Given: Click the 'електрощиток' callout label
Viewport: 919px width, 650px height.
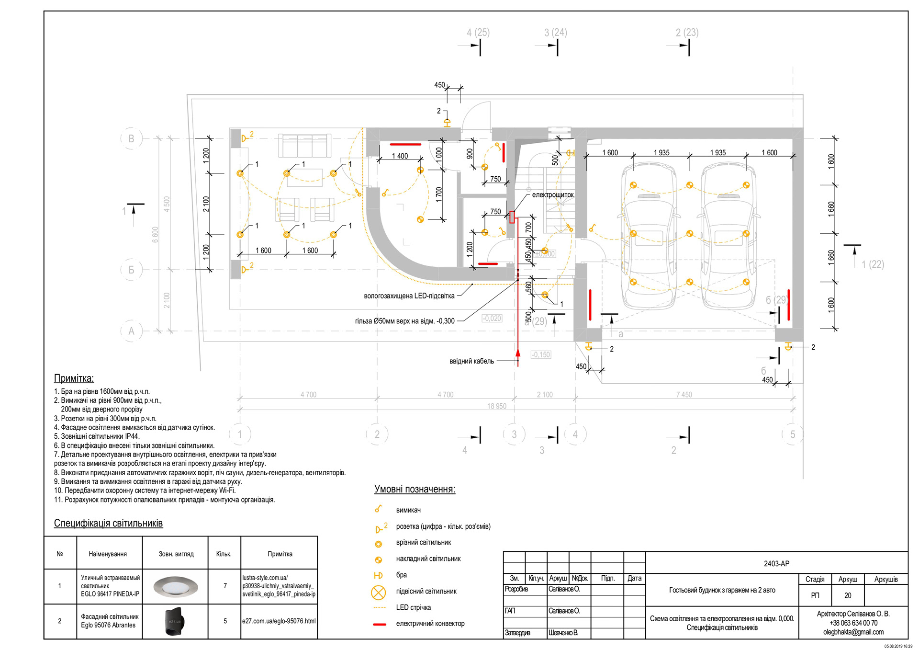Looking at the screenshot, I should (x=552, y=195).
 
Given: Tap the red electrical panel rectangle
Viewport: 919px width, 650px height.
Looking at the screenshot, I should (x=512, y=217).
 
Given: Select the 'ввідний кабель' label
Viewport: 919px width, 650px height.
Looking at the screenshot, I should (x=471, y=361).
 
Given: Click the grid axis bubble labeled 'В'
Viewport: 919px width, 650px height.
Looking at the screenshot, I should (x=131, y=139).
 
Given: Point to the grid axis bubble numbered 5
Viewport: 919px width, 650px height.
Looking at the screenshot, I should (x=792, y=434).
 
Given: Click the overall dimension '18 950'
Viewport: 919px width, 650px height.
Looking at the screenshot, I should (x=496, y=406).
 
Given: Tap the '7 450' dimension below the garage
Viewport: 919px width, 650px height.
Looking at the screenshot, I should (x=684, y=395).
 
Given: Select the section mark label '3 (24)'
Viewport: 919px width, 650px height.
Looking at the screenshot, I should (x=555, y=33).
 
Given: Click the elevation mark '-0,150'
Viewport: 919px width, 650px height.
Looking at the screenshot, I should (x=541, y=355).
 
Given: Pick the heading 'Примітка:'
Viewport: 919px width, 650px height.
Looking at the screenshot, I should (x=74, y=378).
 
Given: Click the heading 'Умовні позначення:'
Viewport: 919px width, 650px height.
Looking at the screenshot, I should (x=415, y=490).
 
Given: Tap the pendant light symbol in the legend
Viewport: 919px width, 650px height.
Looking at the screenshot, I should (x=378, y=593).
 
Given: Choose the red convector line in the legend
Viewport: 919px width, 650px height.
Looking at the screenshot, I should (x=380, y=624).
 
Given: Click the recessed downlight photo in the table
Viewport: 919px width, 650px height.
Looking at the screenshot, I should (x=175, y=586).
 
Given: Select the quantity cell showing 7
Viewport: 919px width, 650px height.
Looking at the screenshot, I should (x=224, y=586).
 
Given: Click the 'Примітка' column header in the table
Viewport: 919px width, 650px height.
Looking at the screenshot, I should (x=280, y=554).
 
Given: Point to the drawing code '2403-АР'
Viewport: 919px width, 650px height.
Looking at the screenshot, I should (x=776, y=563).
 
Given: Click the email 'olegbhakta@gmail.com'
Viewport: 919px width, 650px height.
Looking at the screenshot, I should (x=853, y=632).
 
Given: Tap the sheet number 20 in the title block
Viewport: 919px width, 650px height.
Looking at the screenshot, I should (x=848, y=595).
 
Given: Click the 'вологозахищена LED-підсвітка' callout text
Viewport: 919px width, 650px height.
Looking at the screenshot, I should (x=409, y=296).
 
